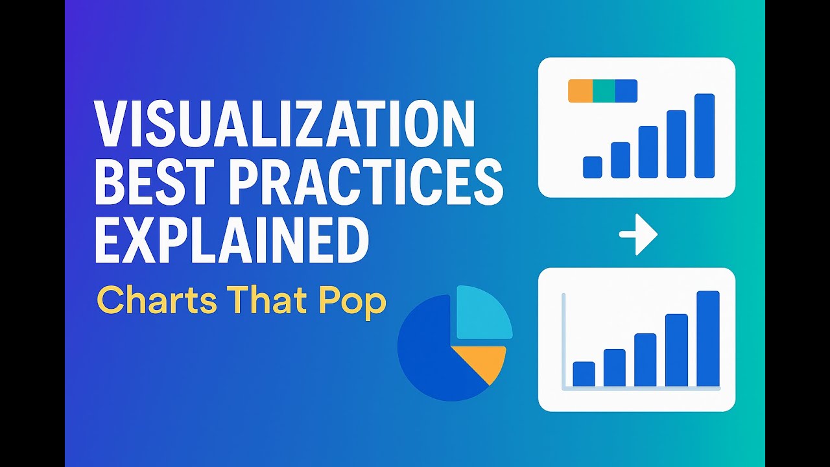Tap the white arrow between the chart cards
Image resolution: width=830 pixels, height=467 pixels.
(638, 234)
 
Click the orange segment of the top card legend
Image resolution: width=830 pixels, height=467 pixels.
(580, 91)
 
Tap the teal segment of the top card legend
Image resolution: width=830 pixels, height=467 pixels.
(604, 91)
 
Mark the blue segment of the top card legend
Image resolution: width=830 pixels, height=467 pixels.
(626, 91)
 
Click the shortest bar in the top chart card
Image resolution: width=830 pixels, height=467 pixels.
(593, 167)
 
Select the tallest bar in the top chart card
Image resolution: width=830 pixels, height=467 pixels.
(704, 136)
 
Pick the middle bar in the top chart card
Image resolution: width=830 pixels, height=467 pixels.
(648, 152)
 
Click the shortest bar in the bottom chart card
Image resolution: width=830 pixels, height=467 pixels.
(584, 374)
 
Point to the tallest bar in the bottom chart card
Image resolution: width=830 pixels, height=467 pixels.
(708, 338)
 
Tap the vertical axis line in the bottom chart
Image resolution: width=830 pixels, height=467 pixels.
(564, 341)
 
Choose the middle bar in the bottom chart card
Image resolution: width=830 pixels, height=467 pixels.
(645, 359)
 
